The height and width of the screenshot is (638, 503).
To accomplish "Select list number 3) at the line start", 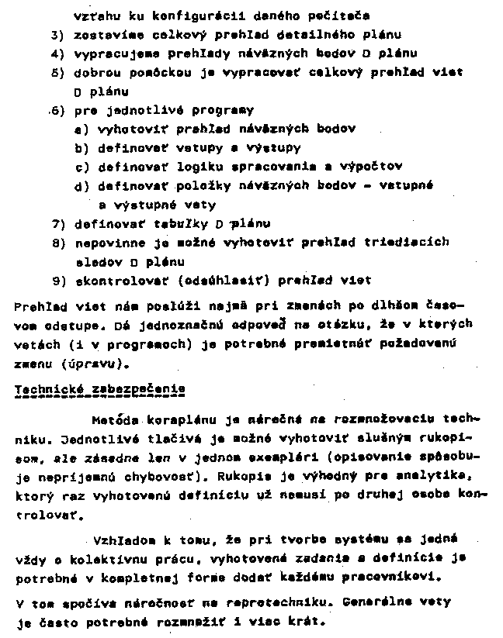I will pos(57,35).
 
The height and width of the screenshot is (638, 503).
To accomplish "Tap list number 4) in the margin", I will pos(57,53).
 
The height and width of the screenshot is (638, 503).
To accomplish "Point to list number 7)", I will pos(57,223).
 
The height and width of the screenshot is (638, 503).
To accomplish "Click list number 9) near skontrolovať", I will pos(57,280).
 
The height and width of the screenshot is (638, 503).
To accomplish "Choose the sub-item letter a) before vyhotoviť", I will pos(82,129).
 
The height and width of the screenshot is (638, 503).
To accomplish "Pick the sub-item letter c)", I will pos(82,167).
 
